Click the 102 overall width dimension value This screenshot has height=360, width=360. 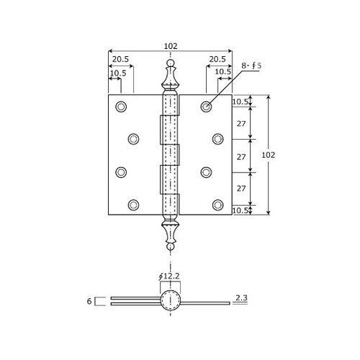[x=170, y=46]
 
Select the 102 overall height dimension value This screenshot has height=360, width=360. [x=268, y=155]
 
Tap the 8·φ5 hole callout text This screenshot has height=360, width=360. [x=251, y=66]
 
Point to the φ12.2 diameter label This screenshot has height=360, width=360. [x=170, y=276]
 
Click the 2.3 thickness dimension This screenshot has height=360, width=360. [x=242, y=297]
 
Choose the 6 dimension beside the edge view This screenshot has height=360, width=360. [x=89, y=302]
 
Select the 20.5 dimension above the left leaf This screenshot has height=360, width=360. [x=120, y=60]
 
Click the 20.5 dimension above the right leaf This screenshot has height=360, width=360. [x=218, y=60]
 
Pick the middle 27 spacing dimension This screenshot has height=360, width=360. [x=241, y=156]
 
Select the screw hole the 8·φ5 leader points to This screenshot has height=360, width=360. [x=206, y=107]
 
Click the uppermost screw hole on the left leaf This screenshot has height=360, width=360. [x=120, y=107]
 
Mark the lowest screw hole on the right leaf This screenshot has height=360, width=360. [x=218, y=204]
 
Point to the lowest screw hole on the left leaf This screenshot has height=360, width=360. [x=133, y=204]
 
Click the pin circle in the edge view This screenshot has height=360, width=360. [x=170, y=301]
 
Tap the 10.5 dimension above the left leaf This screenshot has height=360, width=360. [x=118, y=72]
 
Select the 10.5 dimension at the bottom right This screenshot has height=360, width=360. [x=240, y=210]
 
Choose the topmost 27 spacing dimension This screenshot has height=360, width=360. [x=241, y=123]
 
